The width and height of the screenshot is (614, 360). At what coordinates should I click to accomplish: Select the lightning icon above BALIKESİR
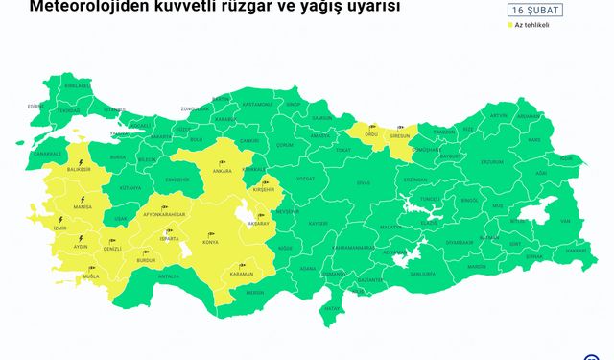80,161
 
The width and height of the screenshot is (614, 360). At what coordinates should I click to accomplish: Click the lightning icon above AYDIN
81,237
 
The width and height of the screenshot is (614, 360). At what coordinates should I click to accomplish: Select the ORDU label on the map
371,135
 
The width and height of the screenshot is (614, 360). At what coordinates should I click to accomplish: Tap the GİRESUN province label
399,136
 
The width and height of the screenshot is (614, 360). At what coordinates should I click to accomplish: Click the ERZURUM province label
491,149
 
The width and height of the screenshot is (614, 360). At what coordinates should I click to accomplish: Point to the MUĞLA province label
92,276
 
